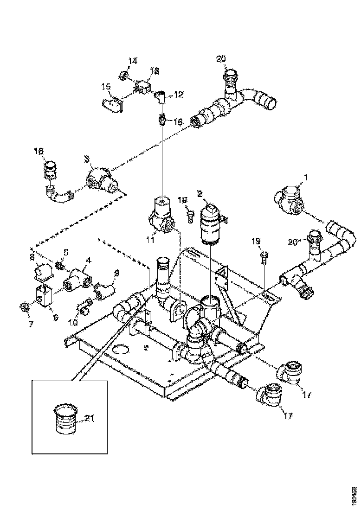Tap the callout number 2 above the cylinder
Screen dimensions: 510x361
point(200,194)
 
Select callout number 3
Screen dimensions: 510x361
point(86,159)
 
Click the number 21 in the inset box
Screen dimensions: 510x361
point(90,419)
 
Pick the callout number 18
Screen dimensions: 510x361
point(39,151)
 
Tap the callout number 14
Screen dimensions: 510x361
point(133,61)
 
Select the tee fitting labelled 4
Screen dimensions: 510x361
point(77,280)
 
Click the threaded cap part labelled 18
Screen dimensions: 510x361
point(51,169)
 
